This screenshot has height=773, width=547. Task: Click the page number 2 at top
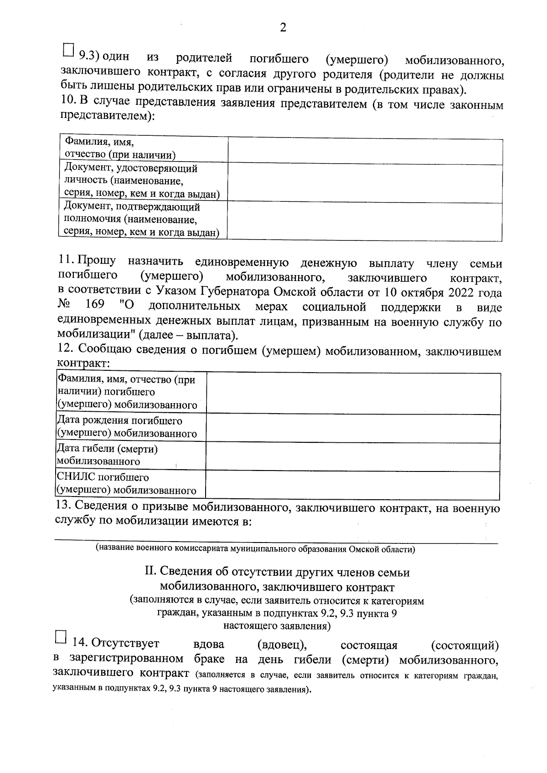click(x=283, y=28)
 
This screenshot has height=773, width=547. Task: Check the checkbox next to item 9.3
click(x=68, y=50)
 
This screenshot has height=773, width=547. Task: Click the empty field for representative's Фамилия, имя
click(x=365, y=152)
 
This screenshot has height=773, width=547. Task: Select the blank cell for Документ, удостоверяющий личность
click(x=365, y=183)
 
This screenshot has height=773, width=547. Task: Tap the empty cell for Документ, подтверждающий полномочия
click(x=365, y=221)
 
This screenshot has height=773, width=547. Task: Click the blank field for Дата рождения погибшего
click(x=353, y=428)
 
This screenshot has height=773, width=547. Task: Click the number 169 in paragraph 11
click(x=95, y=304)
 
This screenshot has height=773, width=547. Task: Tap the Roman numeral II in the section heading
click(x=149, y=572)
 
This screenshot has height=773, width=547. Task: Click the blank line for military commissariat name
click(x=276, y=538)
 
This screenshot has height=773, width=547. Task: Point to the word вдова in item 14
click(x=209, y=645)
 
